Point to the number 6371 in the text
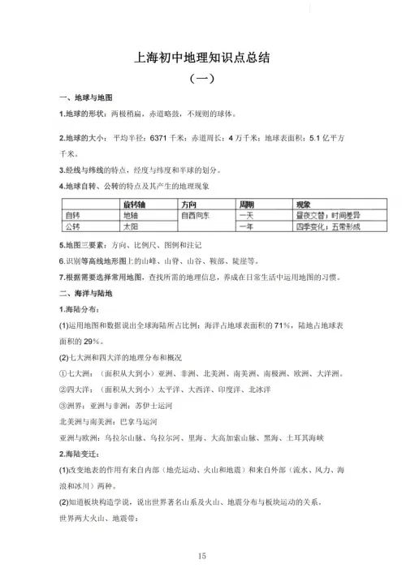pos(158,138)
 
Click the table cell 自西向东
pos(197,215)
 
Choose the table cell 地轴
pos(131,215)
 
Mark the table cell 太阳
pos(131,226)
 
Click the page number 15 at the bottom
pos(201,554)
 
